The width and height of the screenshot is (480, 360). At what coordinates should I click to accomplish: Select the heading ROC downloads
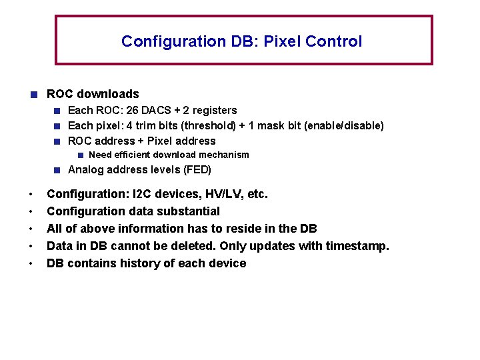[x=93, y=94]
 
